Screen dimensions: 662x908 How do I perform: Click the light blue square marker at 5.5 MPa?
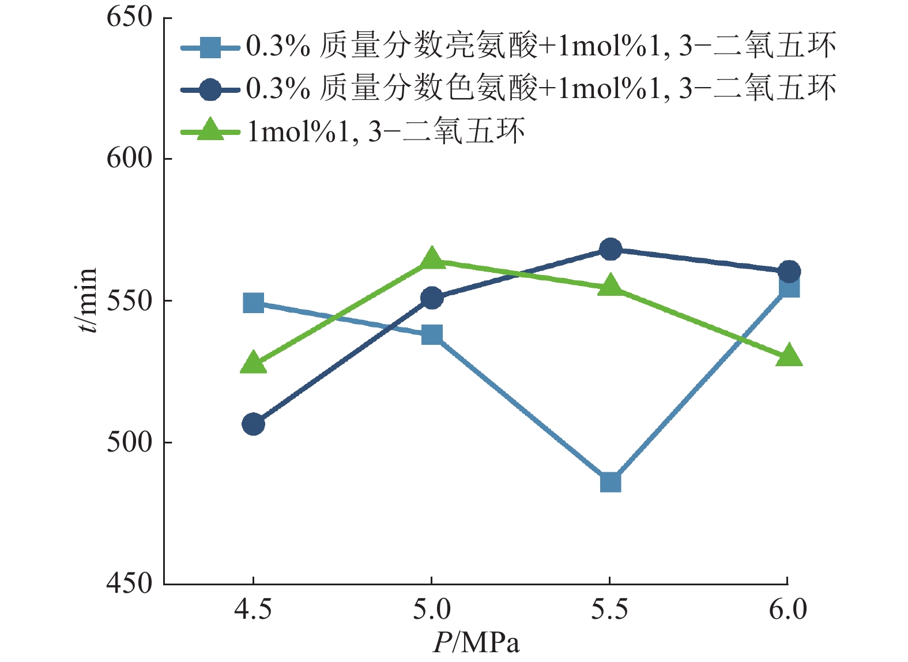(610, 482)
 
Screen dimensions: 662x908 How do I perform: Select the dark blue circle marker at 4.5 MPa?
(253, 424)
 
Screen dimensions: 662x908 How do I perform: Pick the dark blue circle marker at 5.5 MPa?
(610, 250)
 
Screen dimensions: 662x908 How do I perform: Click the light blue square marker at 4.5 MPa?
(253, 303)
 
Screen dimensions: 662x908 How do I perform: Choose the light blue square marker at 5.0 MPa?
(432, 334)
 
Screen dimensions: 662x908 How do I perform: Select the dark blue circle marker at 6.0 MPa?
(789, 271)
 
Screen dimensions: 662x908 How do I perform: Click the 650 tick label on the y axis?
(130, 17)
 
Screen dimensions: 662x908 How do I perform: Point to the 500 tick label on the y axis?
(130, 442)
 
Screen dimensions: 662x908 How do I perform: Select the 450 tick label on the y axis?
(130, 584)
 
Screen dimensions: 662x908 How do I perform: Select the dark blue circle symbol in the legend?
(209, 89)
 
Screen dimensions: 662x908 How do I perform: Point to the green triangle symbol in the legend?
(209, 130)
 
